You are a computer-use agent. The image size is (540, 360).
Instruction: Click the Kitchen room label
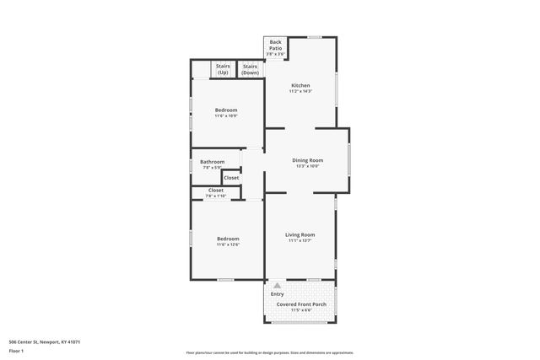(300, 85)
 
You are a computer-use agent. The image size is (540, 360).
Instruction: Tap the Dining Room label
(307, 160)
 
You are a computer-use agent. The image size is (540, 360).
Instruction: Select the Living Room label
(300, 234)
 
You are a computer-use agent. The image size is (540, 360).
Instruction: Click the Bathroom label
(212, 162)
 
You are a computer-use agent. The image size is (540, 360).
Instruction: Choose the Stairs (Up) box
(223, 69)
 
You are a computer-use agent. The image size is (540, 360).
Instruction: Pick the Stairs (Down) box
(250, 69)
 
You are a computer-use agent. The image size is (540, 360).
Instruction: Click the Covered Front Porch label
(301, 303)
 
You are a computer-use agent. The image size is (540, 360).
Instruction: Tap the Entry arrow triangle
(276, 286)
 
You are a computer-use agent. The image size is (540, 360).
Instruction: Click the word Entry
(277, 293)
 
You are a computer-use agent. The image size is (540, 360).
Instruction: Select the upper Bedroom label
(225, 110)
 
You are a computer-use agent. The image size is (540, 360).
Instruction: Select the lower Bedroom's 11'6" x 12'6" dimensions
(228, 244)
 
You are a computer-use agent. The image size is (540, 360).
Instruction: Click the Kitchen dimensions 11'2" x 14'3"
(300, 91)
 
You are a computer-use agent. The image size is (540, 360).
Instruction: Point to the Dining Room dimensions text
(307, 166)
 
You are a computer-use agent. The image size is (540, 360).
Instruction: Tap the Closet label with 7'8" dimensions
(215, 191)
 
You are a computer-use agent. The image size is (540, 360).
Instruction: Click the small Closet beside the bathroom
(231, 177)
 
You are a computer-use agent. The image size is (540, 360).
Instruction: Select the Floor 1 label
(16, 350)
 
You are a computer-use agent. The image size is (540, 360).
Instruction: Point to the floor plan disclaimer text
(269, 352)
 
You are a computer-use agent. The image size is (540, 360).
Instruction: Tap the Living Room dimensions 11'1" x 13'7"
(300, 240)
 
